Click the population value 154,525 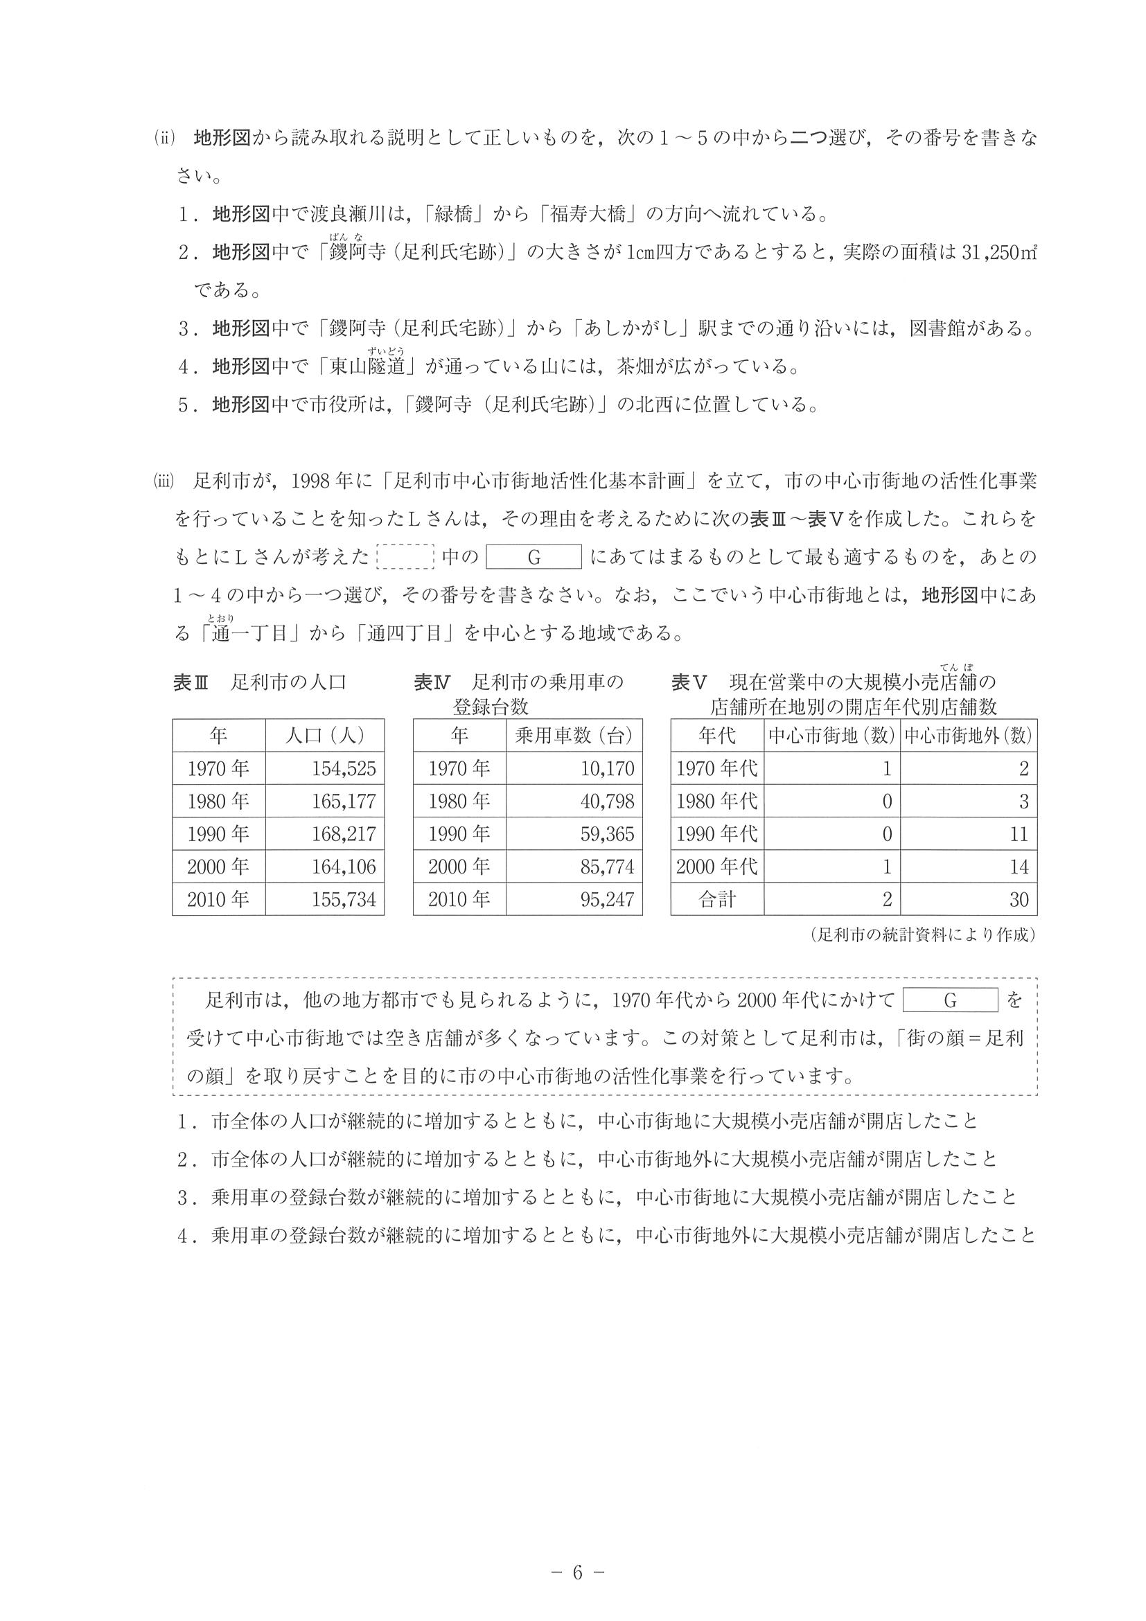pos(344,768)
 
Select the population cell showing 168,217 pos(344,834)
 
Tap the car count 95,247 pos(607,899)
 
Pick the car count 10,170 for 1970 pos(607,768)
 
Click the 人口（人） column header pos(325,736)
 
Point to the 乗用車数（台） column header pos(574,736)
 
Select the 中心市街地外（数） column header pos(969,736)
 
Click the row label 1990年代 pos(716,834)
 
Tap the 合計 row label pos(716,899)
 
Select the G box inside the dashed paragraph pos(950,1000)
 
